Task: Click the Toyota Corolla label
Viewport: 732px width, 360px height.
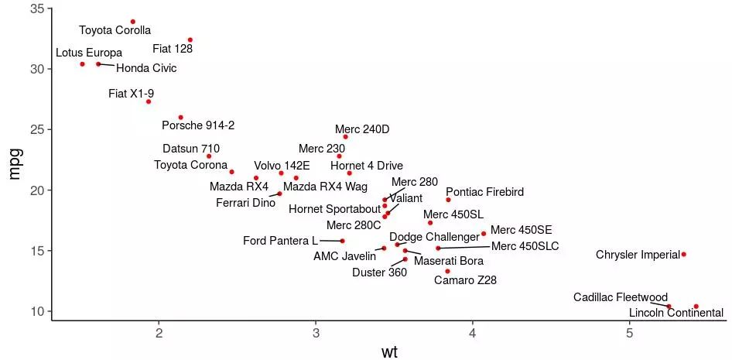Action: point(115,31)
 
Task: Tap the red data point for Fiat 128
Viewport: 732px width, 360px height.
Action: point(190,39)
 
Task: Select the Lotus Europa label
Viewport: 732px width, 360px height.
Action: point(89,53)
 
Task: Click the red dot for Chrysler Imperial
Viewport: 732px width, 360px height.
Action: point(683,254)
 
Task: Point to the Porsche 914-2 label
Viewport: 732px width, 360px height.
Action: point(198,125)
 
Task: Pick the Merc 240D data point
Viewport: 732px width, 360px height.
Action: point(345,137)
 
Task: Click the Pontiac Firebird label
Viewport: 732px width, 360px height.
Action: point(484,191)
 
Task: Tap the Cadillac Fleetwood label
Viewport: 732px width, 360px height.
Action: point(620,297)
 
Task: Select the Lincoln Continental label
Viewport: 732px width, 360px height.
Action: point(676,313)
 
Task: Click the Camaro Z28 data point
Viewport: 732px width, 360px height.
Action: point(447,271)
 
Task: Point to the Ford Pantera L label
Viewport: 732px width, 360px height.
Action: point(280,241)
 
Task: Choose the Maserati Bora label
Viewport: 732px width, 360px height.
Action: point(448,261)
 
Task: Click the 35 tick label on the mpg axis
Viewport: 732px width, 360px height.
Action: point(36,9)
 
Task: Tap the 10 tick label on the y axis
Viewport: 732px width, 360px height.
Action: point(36,311)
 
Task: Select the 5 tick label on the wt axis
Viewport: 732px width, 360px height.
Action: point(630,333)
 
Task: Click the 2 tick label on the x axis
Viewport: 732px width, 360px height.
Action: point(159,333)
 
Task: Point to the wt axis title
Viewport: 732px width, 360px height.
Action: point(390,352)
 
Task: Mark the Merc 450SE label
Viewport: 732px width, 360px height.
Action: point(521,230)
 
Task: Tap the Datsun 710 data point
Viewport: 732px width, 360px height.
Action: point(209,156)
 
